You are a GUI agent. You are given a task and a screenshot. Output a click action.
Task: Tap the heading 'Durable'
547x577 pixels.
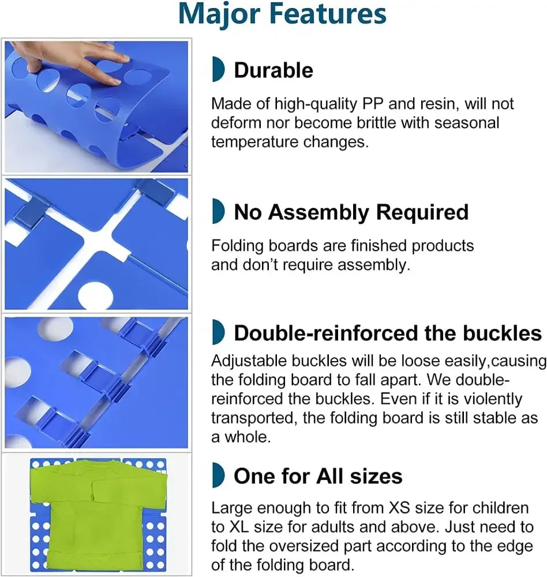coord(273,70)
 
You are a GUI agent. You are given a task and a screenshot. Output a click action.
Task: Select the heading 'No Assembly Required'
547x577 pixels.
coord(351,212)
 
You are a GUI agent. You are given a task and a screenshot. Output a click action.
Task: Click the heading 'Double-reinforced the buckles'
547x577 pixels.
coord(388,333)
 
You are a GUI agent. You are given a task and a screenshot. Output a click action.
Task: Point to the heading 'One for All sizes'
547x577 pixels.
coord(318,476)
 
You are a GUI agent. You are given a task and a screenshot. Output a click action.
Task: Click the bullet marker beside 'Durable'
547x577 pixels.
coord(218,69)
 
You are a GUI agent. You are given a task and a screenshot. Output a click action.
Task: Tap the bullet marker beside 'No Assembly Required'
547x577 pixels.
coord(218,211)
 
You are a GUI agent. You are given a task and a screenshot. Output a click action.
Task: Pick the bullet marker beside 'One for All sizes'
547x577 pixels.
coord(218,475)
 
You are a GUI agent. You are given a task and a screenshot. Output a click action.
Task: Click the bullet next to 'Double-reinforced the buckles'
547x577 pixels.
coord(218,332)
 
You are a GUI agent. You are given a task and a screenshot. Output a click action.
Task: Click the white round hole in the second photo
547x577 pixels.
coord(95,295)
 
